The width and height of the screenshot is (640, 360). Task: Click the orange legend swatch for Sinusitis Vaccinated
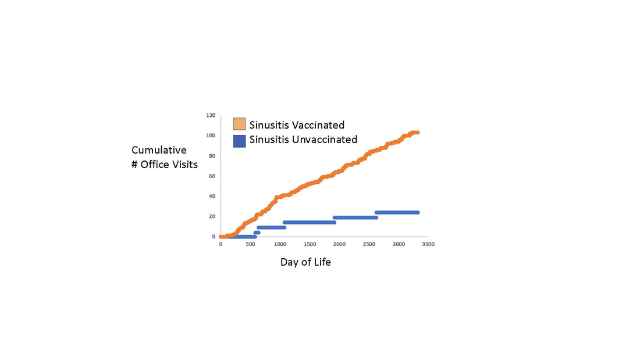coord(239,124)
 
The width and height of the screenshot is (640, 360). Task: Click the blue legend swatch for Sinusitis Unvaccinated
coord(239,140)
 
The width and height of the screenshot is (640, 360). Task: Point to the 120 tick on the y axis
coord(211,116)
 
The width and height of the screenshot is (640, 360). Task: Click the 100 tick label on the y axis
coord(211,136)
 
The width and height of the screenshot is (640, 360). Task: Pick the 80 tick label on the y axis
coord(212,156)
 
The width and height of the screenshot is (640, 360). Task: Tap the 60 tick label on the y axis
coord(212,176)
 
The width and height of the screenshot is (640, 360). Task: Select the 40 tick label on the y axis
coord(212,196)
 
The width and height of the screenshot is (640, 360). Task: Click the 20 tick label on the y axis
coord(212,216)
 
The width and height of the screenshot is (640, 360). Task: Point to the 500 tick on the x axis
coord(250,244)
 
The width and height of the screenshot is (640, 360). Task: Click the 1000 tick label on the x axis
coord(280,244)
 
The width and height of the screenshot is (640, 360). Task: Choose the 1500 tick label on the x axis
coord(310,244)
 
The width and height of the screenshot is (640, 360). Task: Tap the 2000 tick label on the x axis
coord(339,244)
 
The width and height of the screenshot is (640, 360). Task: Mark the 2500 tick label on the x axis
coord(369,244)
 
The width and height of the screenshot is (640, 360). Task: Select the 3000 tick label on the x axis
coord(399,244)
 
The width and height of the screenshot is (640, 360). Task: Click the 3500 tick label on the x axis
coord(428,244)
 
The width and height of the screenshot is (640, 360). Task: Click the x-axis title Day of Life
coord(305,262)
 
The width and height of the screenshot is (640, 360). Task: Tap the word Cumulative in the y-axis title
coord(159,150)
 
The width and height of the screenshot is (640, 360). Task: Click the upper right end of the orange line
coord(417,133)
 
